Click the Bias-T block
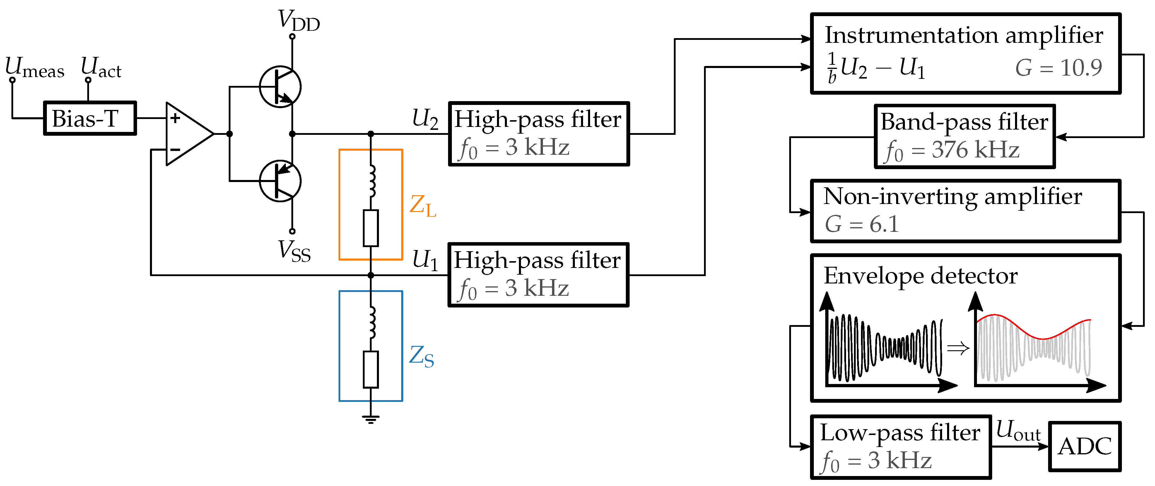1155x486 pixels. point(90,118)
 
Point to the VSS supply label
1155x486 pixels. point(294,251)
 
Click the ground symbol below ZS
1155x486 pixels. point(370,419)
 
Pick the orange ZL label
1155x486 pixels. point(422,206)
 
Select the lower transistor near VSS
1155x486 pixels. point(280,181)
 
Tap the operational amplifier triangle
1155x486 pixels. point(187,134)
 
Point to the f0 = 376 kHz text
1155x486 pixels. point(952,150)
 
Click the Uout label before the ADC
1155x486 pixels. point(1018,431)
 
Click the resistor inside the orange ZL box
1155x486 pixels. point(370,228)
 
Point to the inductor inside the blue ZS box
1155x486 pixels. point(371,322)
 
